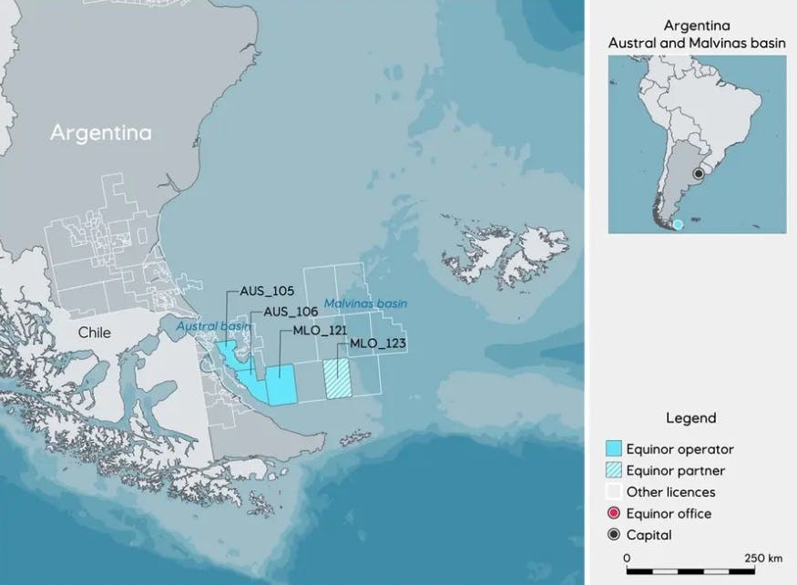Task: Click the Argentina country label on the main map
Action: (x=100, y=133)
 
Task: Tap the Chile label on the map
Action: (x=94, y=333)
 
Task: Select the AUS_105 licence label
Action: (x=267, y=292)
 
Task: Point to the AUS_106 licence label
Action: (x=291, y=312)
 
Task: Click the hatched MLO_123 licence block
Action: (x=337, y=377)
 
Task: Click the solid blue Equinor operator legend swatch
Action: (x=615, y=448)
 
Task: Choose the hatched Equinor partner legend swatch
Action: (x=615, y=470)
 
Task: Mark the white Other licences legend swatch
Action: (x=615, y=492)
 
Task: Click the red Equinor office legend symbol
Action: (x=615, y=514)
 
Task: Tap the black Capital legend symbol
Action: (x=615, y=536)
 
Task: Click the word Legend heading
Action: (x=690, y=418)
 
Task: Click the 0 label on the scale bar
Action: (x=627, y=557)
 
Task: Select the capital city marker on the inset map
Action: (x=699, y=173)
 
